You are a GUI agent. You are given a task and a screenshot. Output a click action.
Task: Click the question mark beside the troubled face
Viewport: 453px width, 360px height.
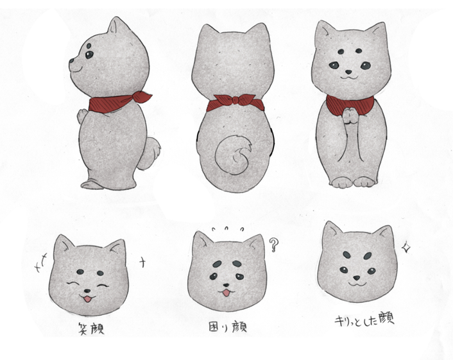(275, 244)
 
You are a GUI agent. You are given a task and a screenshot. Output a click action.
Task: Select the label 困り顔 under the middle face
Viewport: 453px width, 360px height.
(229, 327)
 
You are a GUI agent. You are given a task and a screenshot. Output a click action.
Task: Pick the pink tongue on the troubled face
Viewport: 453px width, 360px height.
(225, 294)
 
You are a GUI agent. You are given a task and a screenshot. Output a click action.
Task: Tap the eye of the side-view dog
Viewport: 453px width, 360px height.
(89, 55)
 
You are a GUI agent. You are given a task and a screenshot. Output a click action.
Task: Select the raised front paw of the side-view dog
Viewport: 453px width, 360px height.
(81, 116)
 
